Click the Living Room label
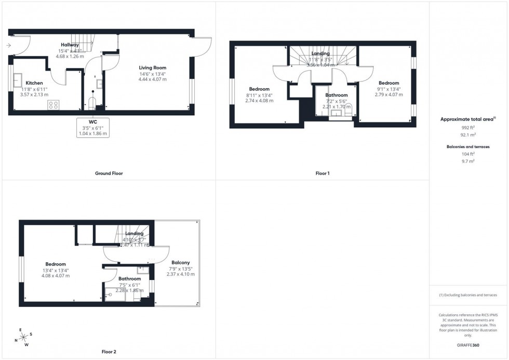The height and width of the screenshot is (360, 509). [152, 68]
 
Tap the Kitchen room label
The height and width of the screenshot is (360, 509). [34, 83]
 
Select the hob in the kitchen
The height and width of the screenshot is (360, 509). [53, 104]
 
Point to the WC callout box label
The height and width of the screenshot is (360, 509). [93, 122]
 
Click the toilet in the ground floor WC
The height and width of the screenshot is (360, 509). [92, 102]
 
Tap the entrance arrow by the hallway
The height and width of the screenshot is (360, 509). [8, 46]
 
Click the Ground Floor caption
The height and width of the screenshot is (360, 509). [109, 173]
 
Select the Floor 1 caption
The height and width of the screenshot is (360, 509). [322, 173]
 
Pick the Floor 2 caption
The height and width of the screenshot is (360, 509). [109, 352]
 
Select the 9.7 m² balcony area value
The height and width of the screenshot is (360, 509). [468, 161]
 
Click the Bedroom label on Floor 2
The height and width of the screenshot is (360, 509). [55, 264]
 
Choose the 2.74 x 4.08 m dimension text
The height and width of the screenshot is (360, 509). [260, 101]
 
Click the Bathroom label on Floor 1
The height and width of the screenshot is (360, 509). [337, 95]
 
